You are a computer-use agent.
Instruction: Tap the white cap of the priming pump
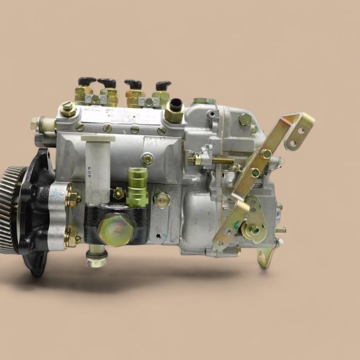(98, 138)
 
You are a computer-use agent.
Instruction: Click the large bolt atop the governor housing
(245, 119)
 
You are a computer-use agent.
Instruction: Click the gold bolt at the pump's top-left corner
(67, 109)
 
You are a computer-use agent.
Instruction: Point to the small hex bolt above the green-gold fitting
(148, 159)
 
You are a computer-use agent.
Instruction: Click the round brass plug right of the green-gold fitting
(163, 199)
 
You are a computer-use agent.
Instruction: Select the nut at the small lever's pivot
(255, 230)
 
